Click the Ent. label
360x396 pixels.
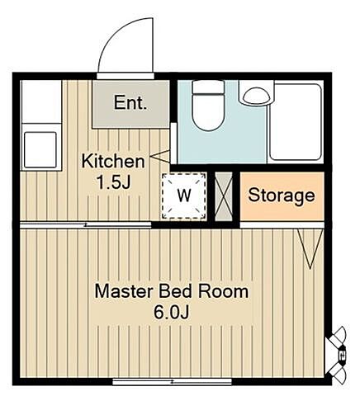(130, 102)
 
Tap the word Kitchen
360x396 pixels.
(113, 162)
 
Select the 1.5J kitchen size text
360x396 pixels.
(113, 182)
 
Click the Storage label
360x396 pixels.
(282, 196)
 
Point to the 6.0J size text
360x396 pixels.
(172, 312)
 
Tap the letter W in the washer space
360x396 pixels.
(184, 196)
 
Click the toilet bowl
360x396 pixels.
(208, 112)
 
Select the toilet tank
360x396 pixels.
(208, 87)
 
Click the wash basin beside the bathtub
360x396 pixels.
(256, 94)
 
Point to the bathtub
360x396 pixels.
(296, 122)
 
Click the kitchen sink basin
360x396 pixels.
(40, 149)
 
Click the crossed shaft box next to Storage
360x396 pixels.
(224, 196)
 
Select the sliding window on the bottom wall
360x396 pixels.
(172, 381)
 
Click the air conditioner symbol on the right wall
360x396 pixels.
(338, 355)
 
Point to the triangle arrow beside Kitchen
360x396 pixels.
(160, 156)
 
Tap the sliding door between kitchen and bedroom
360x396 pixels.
(86, 225)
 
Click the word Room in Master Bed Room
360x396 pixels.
(224, 291)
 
